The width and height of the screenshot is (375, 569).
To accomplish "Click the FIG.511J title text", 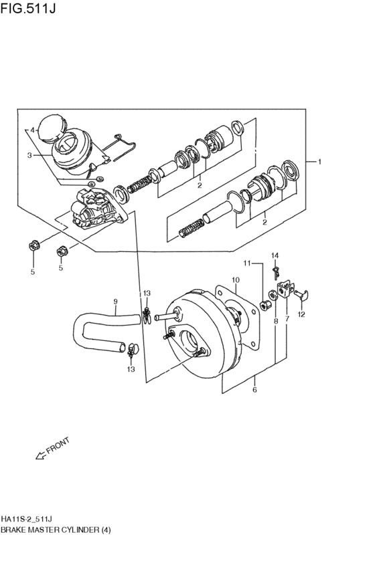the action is coord(28,8).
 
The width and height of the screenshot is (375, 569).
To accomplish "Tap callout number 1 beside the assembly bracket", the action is coord(319,162).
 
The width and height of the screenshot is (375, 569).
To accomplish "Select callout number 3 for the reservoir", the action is coord(29,155).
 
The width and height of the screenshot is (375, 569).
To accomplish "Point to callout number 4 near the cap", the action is coord(32,130).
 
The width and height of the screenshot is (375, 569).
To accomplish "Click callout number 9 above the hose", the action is coord(116,301).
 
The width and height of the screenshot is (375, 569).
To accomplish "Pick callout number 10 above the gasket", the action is coord(236,279).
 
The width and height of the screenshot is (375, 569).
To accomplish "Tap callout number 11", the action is coord(247,263).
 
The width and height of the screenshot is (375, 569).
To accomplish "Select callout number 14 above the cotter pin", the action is coord(275,256).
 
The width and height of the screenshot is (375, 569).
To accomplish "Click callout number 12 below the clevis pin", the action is coord(301,315).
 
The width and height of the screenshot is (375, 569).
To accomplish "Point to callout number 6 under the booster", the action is coord(254,390).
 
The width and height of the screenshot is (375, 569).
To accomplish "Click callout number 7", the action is coord(287,320).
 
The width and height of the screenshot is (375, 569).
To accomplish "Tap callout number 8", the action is coord(275,321).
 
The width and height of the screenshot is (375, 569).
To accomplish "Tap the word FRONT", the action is coord(58,447).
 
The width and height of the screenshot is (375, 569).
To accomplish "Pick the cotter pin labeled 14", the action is coord(276,273).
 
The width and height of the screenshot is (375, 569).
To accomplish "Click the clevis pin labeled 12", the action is coord(301,294).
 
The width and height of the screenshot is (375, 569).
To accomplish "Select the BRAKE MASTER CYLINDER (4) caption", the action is coord(56,530).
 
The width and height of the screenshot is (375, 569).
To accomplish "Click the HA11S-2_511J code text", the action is coord(28,520).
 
